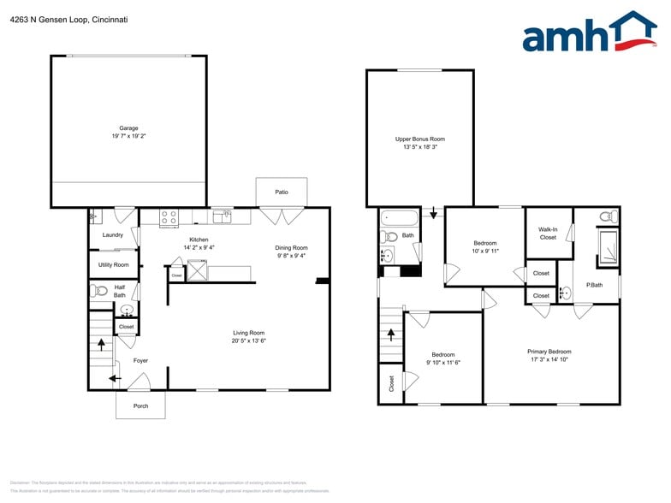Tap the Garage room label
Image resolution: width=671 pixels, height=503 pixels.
[x=128, y=128]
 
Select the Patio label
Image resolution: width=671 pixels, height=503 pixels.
[x=282, y=192]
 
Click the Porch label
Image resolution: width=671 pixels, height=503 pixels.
[x=140, y=405]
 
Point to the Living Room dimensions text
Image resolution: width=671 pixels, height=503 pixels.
[x=249, y=340]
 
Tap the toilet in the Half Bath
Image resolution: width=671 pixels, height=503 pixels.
[x=99, y=291]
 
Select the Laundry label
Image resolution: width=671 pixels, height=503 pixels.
[x=113, y=234]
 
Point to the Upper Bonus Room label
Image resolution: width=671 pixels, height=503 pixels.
[x=419, y=139]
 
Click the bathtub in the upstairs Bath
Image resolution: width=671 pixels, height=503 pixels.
[x=401, y=217]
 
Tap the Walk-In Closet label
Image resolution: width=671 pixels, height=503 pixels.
[x=548, y=233]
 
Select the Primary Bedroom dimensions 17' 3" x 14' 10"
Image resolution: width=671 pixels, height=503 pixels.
[x=549, y=359]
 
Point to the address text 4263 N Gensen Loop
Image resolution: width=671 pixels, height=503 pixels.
[x=69, y=19]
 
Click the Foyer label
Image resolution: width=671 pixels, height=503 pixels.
[x=140, y=360]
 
